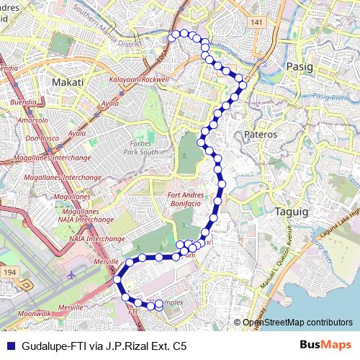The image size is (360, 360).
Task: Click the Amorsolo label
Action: (x=37, y=119)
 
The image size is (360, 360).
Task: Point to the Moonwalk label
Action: (x=35, y=314)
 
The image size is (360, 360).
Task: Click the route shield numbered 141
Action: (x=258, y=23)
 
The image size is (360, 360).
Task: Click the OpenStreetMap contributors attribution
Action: (x=297, y=323)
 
